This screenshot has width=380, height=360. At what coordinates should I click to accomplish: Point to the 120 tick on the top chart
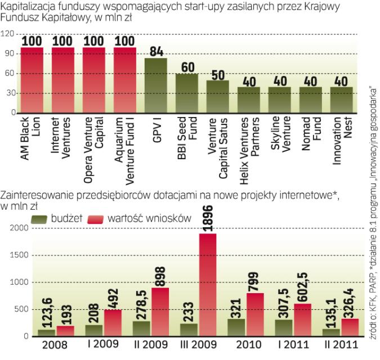(x=7, y=34)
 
